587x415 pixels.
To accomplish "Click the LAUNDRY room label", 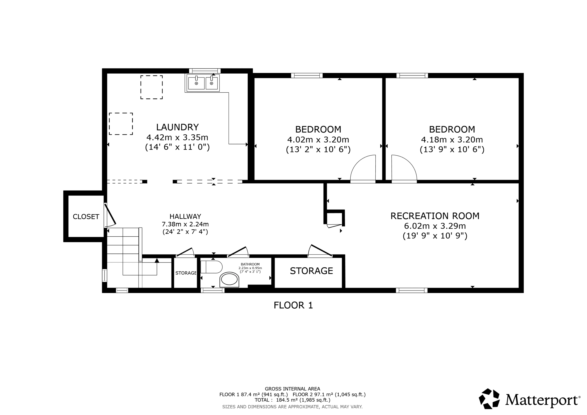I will pos(177,127).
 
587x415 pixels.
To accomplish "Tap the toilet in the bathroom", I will pos(212,267).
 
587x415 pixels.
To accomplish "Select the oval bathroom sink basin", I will pos(229,279).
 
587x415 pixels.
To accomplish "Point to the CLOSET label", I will pos(86,217).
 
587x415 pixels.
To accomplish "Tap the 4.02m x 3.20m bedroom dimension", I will pos(318,140).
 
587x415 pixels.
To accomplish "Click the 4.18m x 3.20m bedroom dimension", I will pos(452,140).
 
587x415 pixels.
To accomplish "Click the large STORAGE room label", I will pos(311,271).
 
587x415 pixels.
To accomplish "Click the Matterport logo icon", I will pos(489,399).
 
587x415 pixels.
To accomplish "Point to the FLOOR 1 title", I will pos(293,305).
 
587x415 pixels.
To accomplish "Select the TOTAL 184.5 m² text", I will pos(292,400).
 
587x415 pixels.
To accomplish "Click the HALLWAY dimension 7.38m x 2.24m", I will pos(185,224).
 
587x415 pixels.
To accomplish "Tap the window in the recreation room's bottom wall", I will pos(412,290).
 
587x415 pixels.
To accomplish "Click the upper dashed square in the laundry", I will pos(151,87).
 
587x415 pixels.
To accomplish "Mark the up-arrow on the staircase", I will pos(157,260).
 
